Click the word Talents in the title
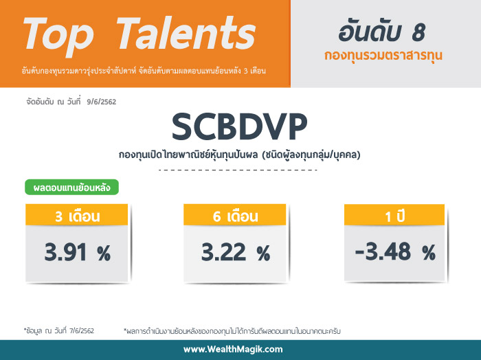click(x=186, y=33)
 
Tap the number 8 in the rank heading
click(x=418, y=33)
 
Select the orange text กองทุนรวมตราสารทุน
click(x=383, y=56)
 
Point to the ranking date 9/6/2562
click(x=102, y=102)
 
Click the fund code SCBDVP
click(x=239, y=127)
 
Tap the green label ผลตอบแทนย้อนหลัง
click(x=71, y=187)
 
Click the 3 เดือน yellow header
click(x=77, y=214)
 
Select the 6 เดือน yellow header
click(x=235, y=214)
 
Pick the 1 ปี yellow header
click(x=394, y=214)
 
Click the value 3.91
click(x=65, y=252)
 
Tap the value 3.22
click(x=223, y=252)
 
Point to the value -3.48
click(x=383, y=251)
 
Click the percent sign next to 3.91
click(x=104, y=254)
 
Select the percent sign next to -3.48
click(x=429, y=252)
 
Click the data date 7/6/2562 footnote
click(x=82, y=331)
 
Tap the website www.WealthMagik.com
click(x=233, y=349)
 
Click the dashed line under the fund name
click(x=238, y=170)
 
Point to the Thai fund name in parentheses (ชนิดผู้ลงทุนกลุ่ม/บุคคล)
click(x=311, y=155)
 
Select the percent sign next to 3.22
click(x=264, y=254)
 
